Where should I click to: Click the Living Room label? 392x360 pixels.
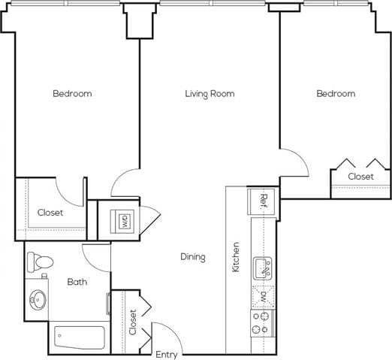210,94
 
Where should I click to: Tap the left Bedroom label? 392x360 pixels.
72,94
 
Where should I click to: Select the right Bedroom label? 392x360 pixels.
335,94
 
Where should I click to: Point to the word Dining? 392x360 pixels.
192,257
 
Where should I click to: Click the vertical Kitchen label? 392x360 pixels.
236,257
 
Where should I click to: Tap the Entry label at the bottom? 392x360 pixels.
167,353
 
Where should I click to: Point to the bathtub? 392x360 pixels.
80,337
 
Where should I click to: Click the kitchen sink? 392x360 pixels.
263,267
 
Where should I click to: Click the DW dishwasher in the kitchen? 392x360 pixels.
263,296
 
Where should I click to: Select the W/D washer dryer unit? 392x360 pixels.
123,221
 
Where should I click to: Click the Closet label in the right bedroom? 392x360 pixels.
360,177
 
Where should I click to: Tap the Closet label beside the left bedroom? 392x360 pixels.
50,213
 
